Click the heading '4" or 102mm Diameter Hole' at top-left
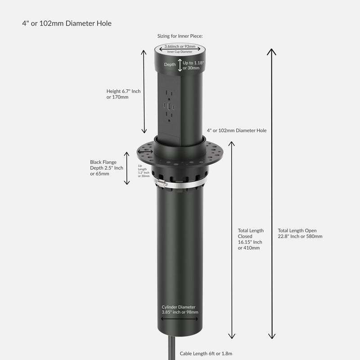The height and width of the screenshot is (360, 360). (67, 23)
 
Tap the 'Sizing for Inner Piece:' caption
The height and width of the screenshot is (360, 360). (180, 36)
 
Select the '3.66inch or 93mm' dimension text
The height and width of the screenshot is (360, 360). (180, 46)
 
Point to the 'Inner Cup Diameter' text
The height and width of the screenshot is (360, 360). (180, 52)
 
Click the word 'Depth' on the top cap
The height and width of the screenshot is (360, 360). (170, 64)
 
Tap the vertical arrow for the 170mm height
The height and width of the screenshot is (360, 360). (144, 91)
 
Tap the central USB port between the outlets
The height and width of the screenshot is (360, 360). (170, 107)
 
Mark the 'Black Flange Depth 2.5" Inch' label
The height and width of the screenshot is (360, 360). (107, 168)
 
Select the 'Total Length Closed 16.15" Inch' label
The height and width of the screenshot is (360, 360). (251, 239)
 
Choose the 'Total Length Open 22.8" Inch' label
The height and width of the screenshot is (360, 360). (300, 233)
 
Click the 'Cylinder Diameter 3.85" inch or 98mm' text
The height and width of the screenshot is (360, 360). (180, 309)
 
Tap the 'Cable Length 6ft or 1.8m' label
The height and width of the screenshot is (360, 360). (206, 354)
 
